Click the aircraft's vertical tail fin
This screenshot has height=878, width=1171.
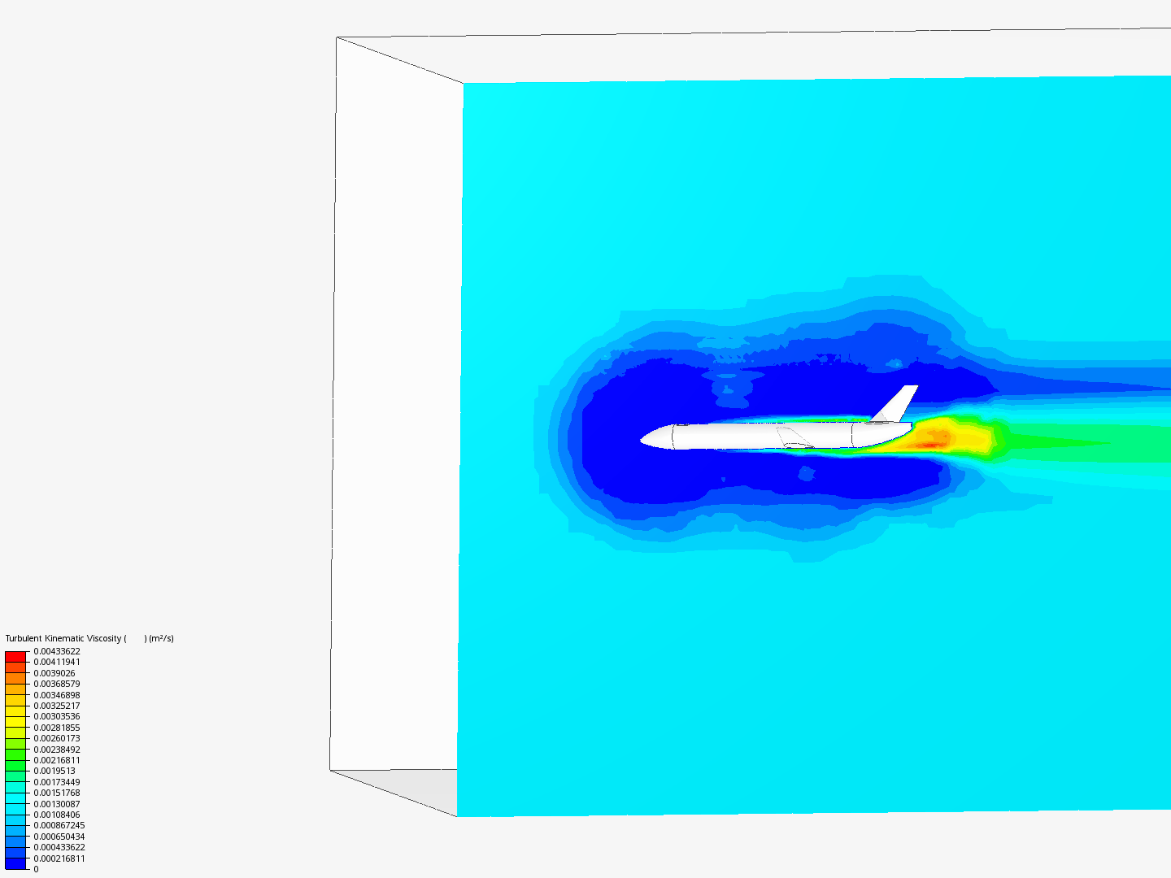point(897,404)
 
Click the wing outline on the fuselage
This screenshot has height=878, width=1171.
point(794,437)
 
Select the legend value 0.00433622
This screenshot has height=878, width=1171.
point(57,651)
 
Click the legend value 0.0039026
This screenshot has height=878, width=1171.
point(54,673)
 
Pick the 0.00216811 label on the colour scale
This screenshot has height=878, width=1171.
point(57,760)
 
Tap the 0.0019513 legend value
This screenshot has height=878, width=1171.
point(54,771)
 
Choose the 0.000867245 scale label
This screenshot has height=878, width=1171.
point(59,825)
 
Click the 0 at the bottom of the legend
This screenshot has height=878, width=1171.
point(36,869)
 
